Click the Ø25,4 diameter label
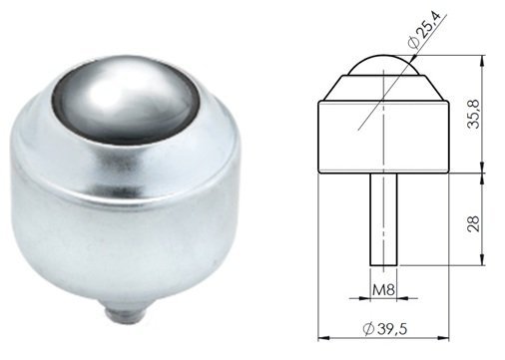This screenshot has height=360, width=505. tap(424, 30)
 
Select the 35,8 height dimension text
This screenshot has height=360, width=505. tap(473, 114)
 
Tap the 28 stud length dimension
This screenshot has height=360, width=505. tap(473, 223)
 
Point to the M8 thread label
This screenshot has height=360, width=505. tap(383, 290)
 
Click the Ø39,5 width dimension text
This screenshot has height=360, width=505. tap(385, 329)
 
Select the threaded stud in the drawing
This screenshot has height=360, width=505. tap(383, 219)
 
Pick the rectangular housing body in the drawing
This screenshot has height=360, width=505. tap(384, 137)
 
